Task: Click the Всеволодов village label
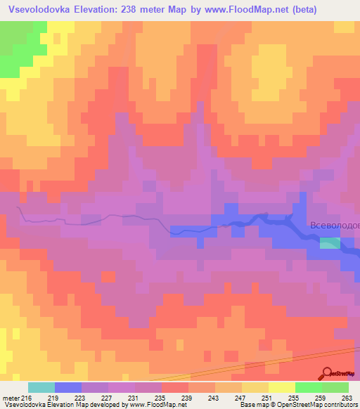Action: pos(335,226)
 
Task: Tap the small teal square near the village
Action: pos(329,242)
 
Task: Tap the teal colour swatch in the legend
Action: pos(41,387)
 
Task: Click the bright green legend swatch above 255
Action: pos(308,387)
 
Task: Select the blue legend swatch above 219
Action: pos(68,387)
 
